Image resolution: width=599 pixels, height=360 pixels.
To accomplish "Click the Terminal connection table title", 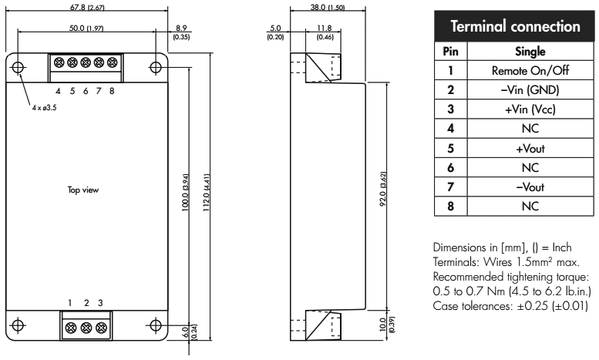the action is coord(515,26).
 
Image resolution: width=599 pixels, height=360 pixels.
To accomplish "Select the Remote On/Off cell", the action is coord(530,70).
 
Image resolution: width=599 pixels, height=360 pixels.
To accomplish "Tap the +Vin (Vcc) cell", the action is coord(530,109).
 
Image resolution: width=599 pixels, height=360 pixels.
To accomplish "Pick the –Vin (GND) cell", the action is coord(530,90).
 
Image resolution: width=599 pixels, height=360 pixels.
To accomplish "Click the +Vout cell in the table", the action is coord(530,148).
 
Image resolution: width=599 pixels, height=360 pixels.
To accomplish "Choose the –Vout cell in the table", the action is coord(530,187).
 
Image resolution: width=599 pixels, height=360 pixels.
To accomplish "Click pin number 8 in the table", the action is coord(451,207).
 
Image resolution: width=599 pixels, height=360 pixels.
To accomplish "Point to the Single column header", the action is coord(530,51).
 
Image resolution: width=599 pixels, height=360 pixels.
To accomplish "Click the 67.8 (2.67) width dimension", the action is coord(87,7).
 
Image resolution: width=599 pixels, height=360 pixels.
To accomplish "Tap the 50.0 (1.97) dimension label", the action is coord(86,29).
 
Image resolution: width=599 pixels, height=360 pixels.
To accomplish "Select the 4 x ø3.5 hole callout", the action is coord(44,108).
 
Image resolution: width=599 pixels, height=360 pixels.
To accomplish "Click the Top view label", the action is coord(83,190).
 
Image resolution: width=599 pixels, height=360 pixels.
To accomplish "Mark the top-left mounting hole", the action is coord(18,67).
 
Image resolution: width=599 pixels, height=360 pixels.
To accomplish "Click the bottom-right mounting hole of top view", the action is coord(156,325).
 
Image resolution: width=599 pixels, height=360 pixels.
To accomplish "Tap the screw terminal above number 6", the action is coord(86,62).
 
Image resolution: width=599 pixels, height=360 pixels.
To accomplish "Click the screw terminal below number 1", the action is coord(71,328).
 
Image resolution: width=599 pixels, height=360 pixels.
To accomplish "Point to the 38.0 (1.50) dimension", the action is coord(328,7).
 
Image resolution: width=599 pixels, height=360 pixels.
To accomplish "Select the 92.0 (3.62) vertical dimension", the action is coord(383,189).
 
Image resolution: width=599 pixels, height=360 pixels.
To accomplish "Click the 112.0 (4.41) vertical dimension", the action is coord(207,193).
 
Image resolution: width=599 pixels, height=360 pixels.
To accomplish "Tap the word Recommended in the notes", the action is coord(469,276).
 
